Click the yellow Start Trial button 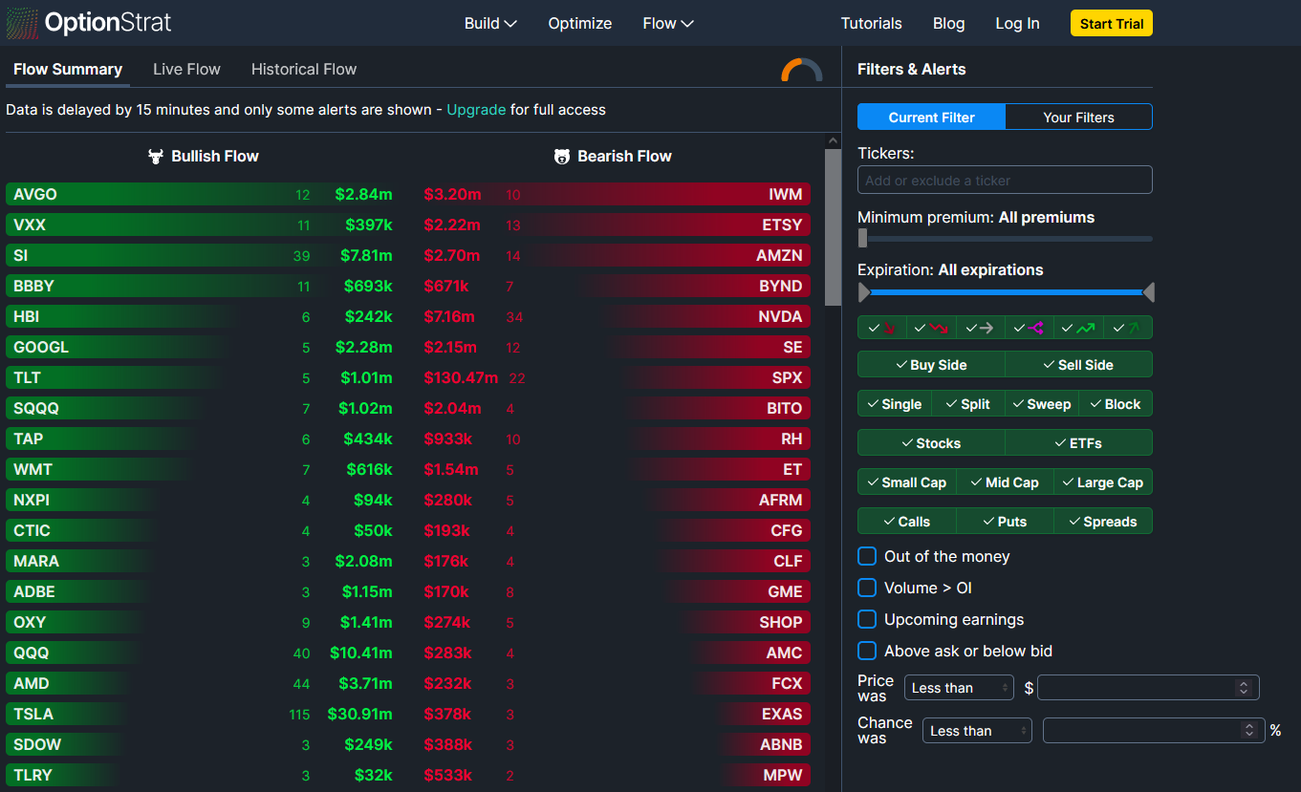1111,24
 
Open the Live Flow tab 186,69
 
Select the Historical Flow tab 303,69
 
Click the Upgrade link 476,110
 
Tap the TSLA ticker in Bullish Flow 33,714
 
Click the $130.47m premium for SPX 461,377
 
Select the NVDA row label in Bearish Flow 780,316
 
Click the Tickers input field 1004,180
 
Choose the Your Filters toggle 1078,117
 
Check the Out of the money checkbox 867,556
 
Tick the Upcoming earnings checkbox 867,619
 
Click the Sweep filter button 1042,404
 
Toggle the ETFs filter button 1078,443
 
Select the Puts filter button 1005,522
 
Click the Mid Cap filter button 1005,482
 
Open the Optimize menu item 579,24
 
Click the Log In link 1017,24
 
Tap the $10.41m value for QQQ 360,653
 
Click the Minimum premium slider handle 863,238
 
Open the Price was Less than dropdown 959,688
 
